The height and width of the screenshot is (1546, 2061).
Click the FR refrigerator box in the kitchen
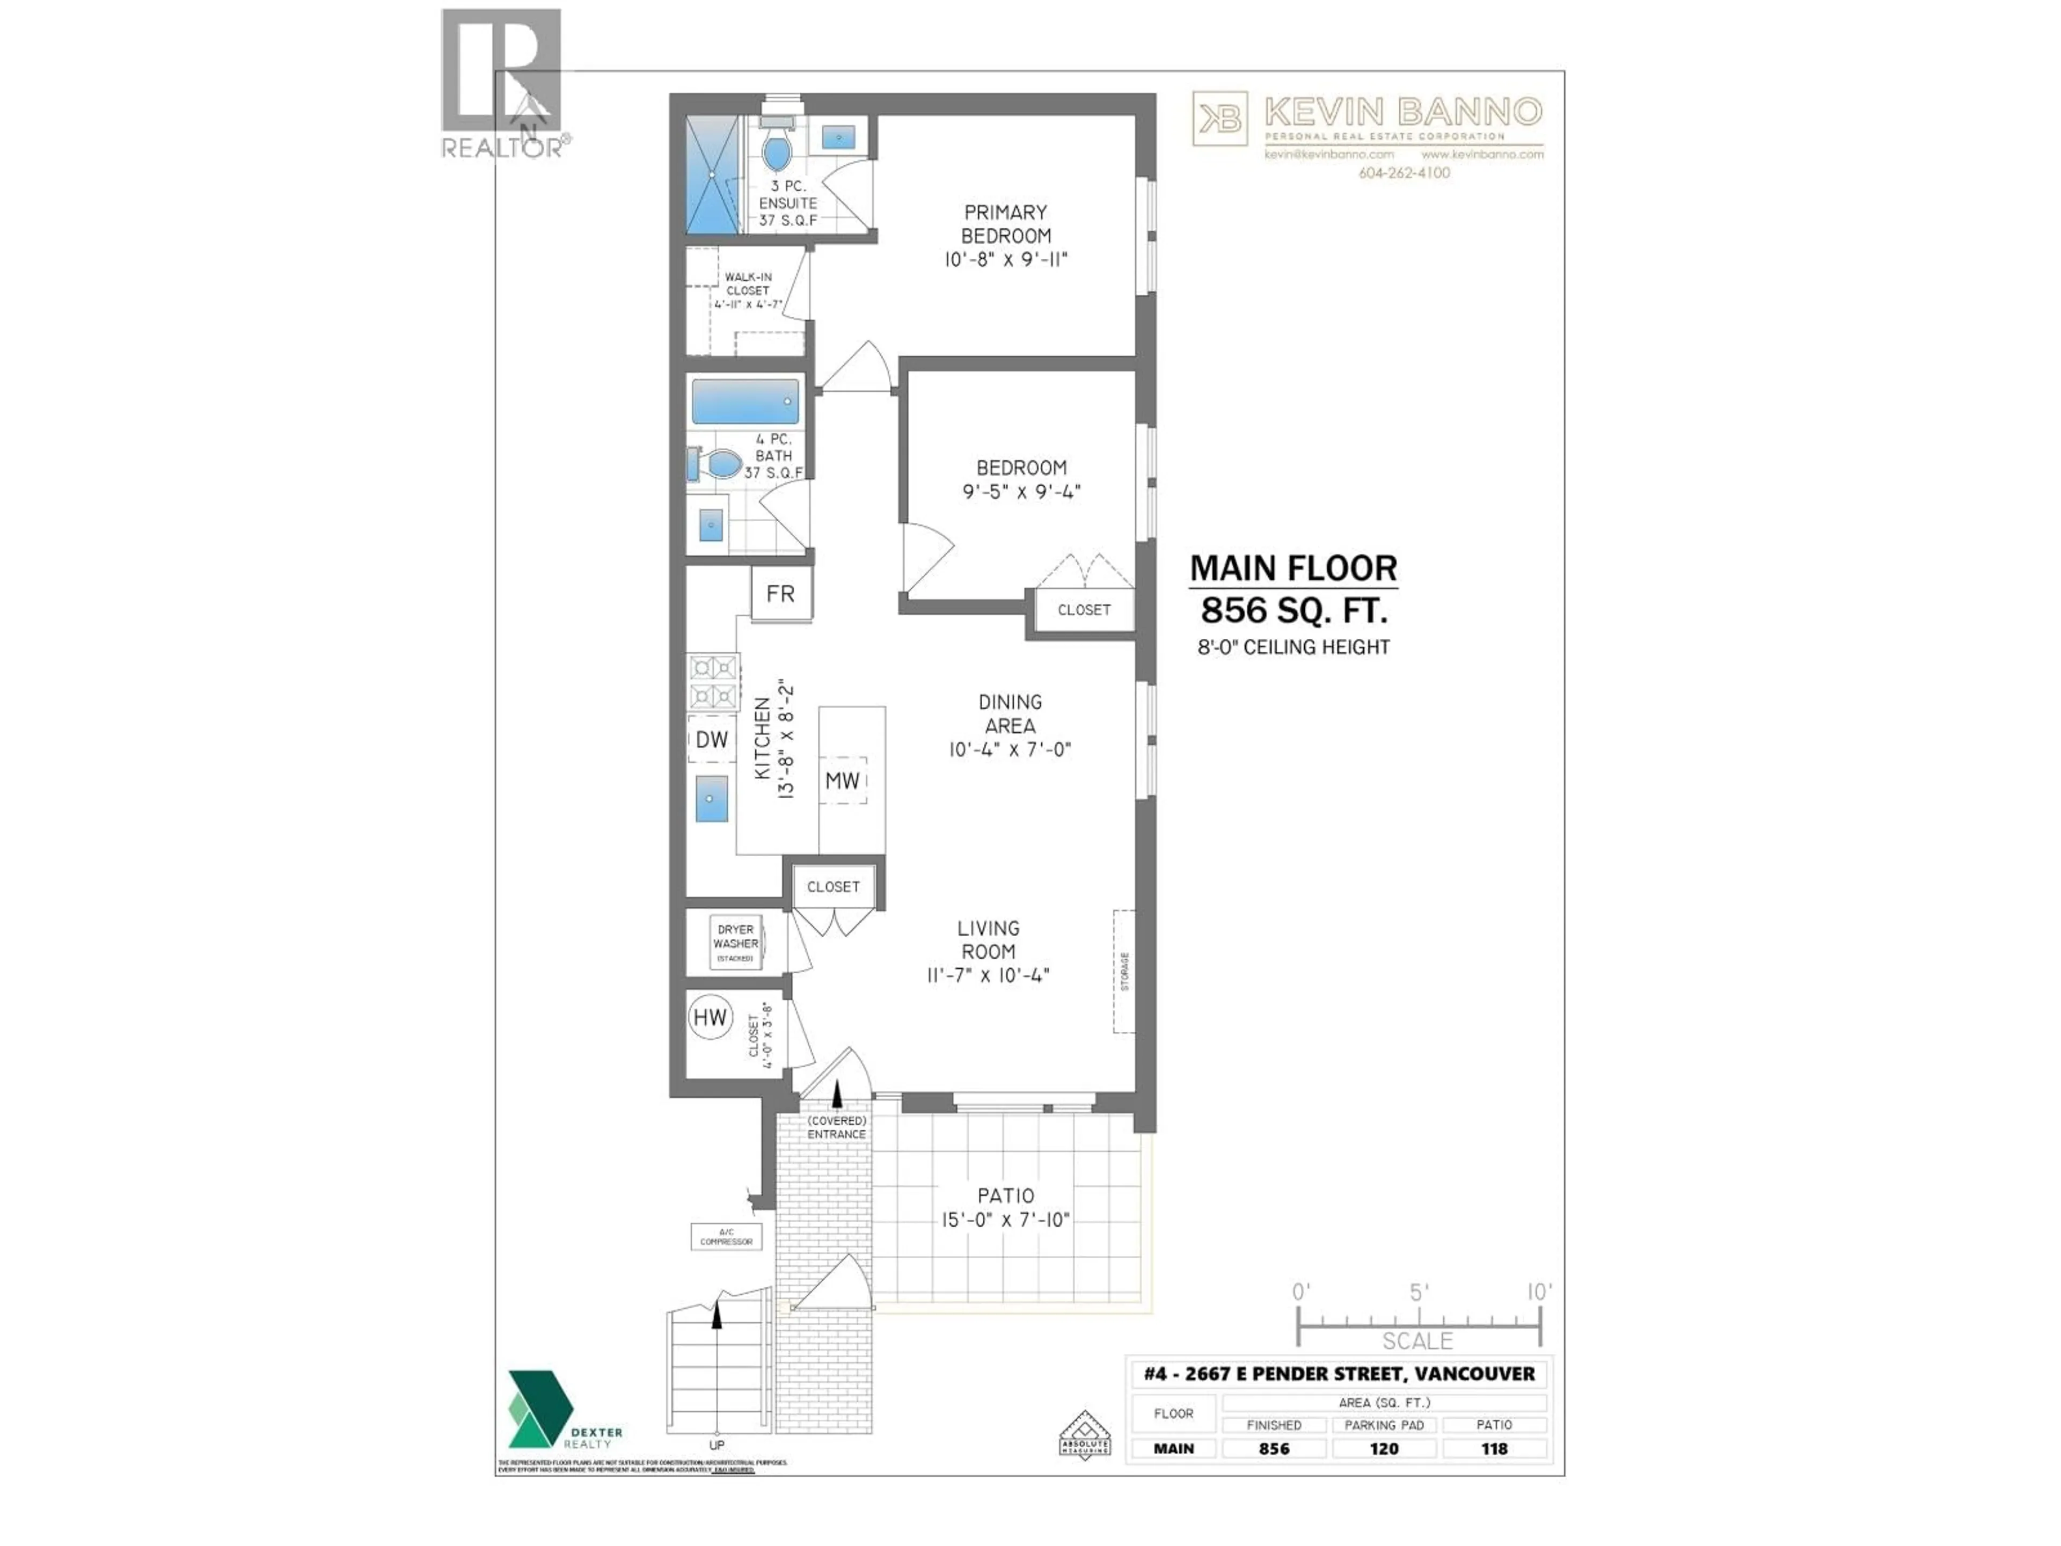pyautogui.click(x=781, y=594)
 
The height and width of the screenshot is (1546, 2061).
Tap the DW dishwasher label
pyautogui.click(x=712, y=740)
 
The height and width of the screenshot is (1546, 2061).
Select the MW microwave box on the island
pyautogui.click(x=842, y=781)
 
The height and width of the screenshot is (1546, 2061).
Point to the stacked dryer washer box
pyautogui.click(x=736, y=943)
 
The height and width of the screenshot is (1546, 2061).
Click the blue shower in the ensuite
pyautogui.click(x=712, y=174)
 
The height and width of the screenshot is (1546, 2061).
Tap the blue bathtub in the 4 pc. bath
pyautogui.click(x=746, y=402)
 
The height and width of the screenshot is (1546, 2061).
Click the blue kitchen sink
pyautogui.click(x=712, y=799)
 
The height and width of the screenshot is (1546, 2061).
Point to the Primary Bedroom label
pyautogui.click(x=1005, y=224)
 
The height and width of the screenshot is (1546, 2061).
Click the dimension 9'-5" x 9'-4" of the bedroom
pyautogui.click(x=1021, y=492)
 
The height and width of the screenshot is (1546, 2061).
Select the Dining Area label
pyautogui.click(x=1010, y=714)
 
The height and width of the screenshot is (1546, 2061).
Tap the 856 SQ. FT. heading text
pyautogui.click(x=1293, y=610)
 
